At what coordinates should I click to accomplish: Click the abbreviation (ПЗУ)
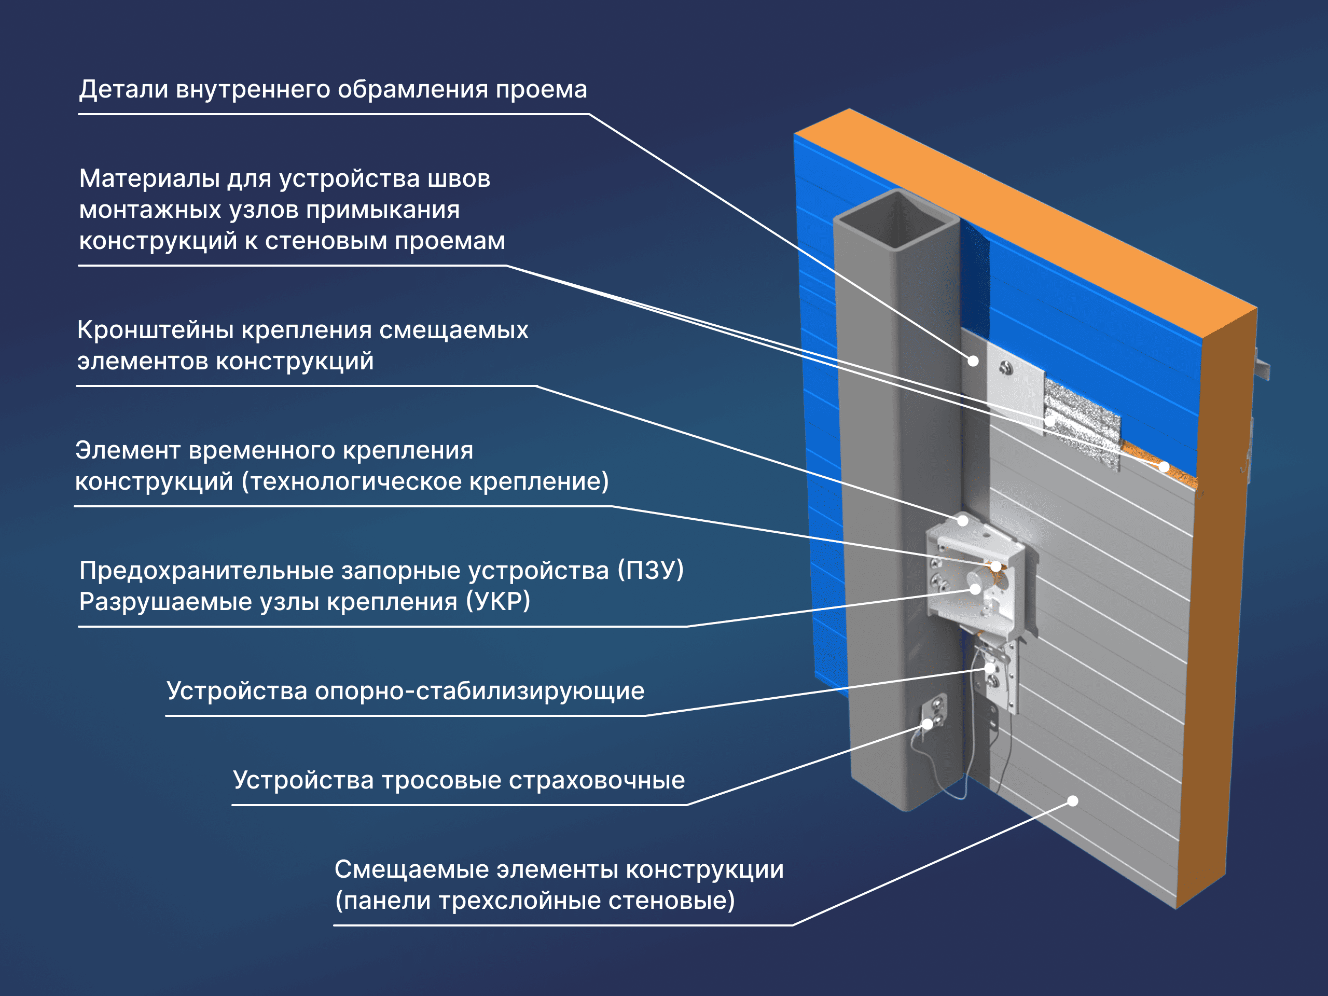tap(651, 570)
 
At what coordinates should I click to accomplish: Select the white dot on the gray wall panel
tap(1073, 801)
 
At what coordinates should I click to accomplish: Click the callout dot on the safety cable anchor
tap(928, 724)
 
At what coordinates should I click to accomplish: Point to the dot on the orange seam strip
tap(1164, 466)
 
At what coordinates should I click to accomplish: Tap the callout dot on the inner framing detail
tap(973, 361)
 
